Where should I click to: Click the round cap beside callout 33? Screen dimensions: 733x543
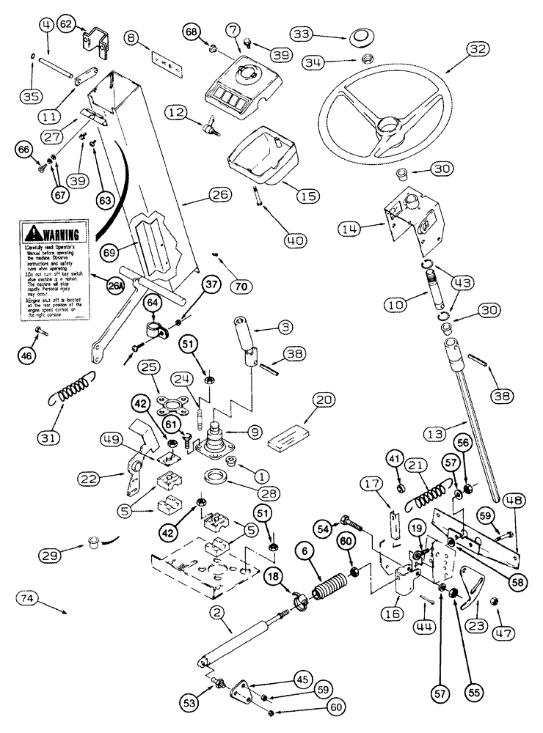[x=361, y=37]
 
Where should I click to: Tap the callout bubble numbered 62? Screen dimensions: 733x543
[x=66, y=25]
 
